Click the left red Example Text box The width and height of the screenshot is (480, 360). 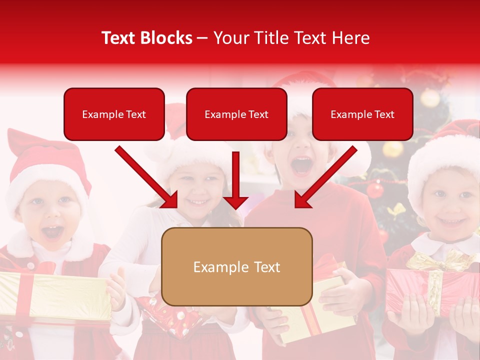coord(114,114)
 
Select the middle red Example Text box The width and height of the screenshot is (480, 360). coord(236,114)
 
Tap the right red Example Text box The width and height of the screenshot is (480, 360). coord(362,114)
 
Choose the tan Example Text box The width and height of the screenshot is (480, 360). coord(236,266)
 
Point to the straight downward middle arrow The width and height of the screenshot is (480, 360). coord(235,180)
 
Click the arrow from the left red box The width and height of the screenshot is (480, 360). coord(146,177)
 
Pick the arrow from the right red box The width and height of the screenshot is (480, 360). coord(325,177)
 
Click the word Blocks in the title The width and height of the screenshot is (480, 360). coord(167,38)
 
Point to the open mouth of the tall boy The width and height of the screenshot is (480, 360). coord(301,165)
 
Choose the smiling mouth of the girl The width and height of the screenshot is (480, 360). coord(199,202)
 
